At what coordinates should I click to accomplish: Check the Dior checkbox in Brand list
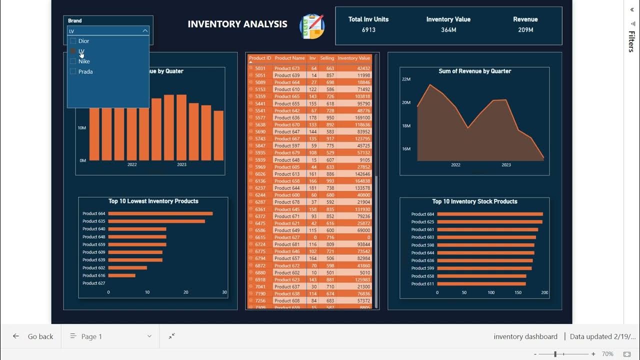click(x=73, y=41)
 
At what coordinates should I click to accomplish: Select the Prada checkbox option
click(x=73, y=71)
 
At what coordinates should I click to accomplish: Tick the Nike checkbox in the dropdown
click(x=73, y=61)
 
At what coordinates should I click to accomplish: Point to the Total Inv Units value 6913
click(x=368, y=30)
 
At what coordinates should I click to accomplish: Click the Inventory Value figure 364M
click(x=448, y=30)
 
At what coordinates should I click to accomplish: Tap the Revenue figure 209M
click(x=525, y=30)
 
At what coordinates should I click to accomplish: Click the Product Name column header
click(x=289, y=58)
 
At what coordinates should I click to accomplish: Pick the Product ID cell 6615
click(x=260, y=237)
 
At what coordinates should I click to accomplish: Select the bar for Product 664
click(x=160, y=213)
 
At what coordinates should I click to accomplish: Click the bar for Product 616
click(x=121, y=275)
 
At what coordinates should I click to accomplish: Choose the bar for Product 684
click(x=490, y=214)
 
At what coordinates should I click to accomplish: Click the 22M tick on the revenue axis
click(x=405, y=79)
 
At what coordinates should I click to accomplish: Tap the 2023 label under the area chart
click(x=506, y=165)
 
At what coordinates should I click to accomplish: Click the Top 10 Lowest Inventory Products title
click(x=153, y=201)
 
